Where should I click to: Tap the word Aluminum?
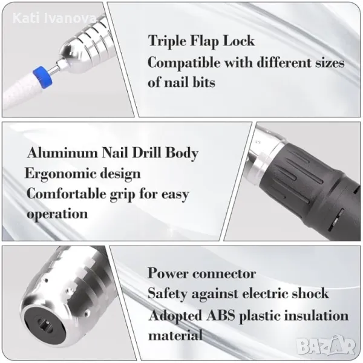pos(62,153)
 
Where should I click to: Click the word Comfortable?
pos(66,194)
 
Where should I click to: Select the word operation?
pos(57,214)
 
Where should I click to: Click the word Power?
pos(168,273)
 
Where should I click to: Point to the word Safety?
pos(167,294)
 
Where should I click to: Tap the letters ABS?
pos(221,315)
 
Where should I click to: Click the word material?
pos(175,335)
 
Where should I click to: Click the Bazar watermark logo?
pos(326,346)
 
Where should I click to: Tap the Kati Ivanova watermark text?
pos(54,19)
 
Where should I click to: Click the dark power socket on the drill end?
pos(44,324)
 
